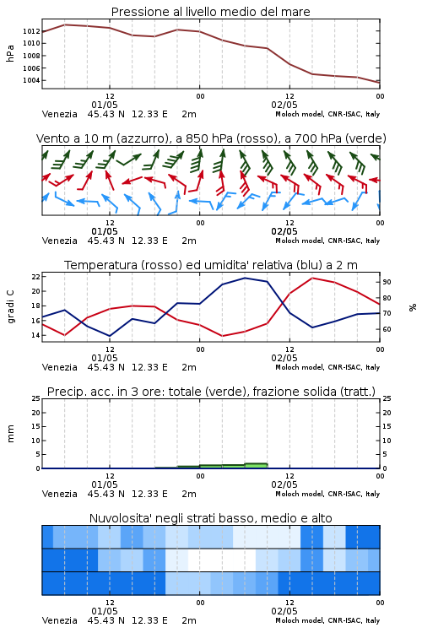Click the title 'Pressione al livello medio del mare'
[x=210, y=12]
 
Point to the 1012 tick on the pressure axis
[x=31, y=31]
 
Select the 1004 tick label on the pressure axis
[x=31, y=80]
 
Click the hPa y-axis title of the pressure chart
[x=10, y=53]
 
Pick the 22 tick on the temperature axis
[x=36, y=277]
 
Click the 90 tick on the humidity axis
[x=387, y=282]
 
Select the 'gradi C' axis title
[x=11, y=307]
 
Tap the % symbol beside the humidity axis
[x=413, y=307]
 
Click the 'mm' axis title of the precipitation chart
[x=10, y=433]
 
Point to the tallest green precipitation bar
[x=256, y=465]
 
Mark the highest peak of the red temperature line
[x=312, y=278]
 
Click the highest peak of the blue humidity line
[x=245, y=278]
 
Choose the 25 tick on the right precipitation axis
[x=387, y=398]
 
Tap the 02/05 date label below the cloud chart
[x=284, y=611]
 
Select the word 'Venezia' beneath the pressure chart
[x=59, y=114]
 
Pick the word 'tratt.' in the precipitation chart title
[x=360, y=392]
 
